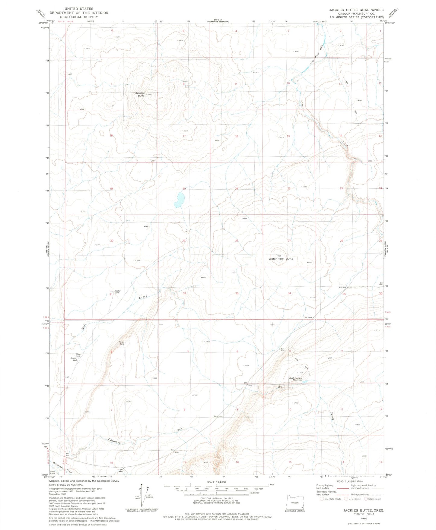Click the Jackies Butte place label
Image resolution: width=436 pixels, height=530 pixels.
point(140,94)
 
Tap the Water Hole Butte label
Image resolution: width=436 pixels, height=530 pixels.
point(281,259)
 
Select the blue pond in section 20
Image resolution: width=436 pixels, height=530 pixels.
point(179,200)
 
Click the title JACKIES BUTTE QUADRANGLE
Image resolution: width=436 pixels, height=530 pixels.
point(356,10)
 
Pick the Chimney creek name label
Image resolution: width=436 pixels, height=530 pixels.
point(114,441)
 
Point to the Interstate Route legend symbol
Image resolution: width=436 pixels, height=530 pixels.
point(322,499)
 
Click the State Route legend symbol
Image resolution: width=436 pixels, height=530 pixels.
point(366,499)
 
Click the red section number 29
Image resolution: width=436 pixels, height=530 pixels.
point(184,241)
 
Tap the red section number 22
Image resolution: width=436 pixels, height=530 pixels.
point(289,188)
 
